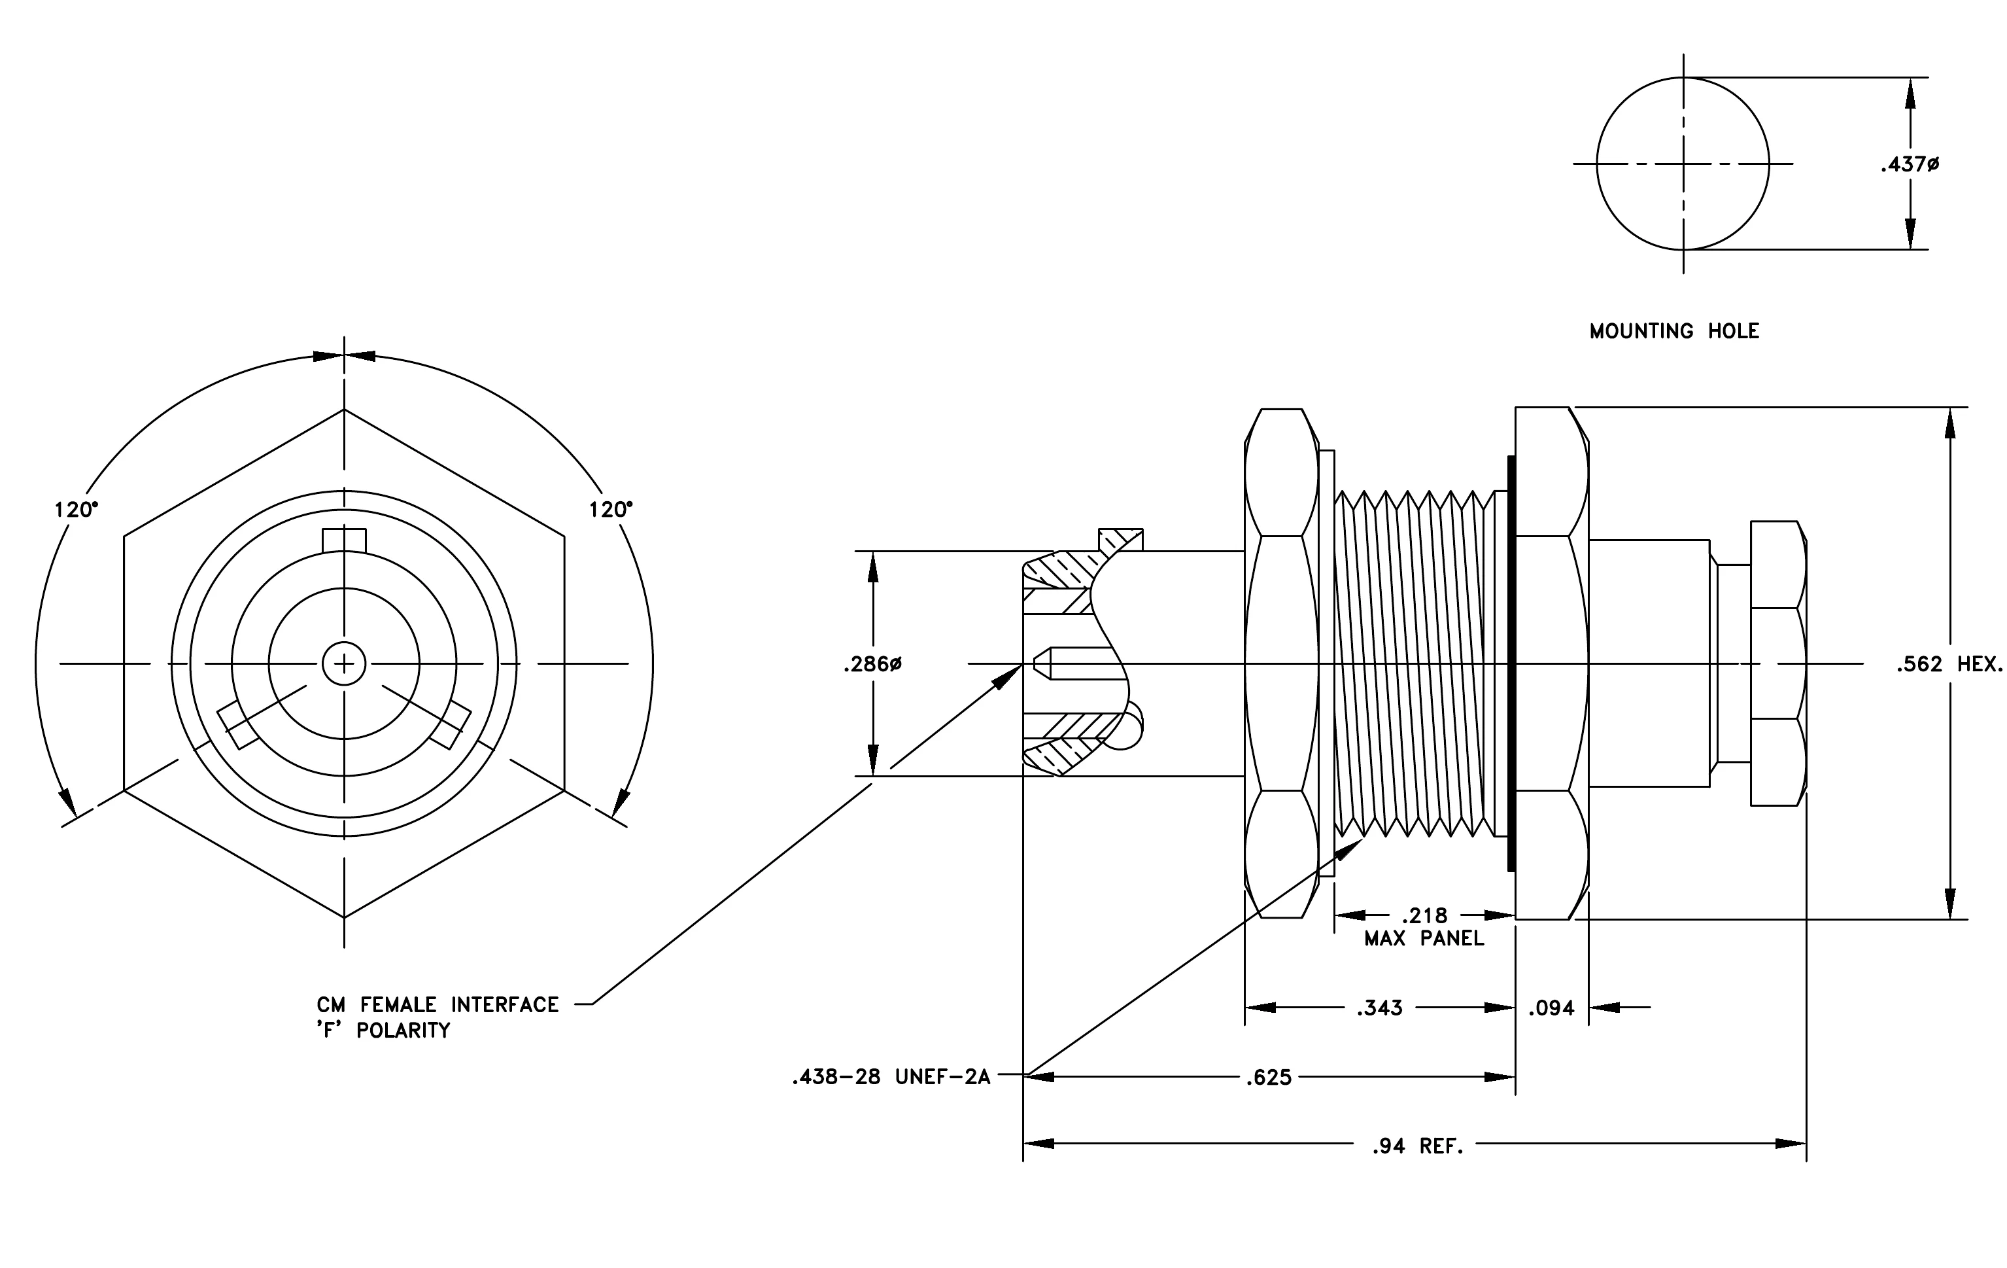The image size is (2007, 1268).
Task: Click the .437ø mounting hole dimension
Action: click(x=1910, y=165)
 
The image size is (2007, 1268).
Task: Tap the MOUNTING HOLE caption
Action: click(x=1673, y=331)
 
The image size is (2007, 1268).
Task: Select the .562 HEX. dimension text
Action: click(x=1949, y=665)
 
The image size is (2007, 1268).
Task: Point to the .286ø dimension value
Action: click(x=872, y=665)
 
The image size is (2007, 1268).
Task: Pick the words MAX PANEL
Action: click(x=1424, y=939)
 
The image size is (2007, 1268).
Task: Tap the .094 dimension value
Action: click(x=1551, y=1009)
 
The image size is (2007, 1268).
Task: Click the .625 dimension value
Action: click(x=1269, y=1078)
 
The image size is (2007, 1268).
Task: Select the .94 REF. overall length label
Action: click(x=1418, y=1146)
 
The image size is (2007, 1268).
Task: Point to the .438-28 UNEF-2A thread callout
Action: click(x=891, y=1077)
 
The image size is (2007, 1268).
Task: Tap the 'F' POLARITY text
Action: click(x=383, y=1030)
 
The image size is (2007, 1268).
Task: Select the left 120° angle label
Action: click(x=76, y=510)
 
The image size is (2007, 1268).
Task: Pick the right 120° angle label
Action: click(x=611, y=510)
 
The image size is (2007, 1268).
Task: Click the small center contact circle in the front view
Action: click(x=344, y=665)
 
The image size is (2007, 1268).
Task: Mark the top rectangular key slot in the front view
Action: click(x=344, y=540)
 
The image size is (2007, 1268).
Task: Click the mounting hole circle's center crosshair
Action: click(x=1683, y=164)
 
